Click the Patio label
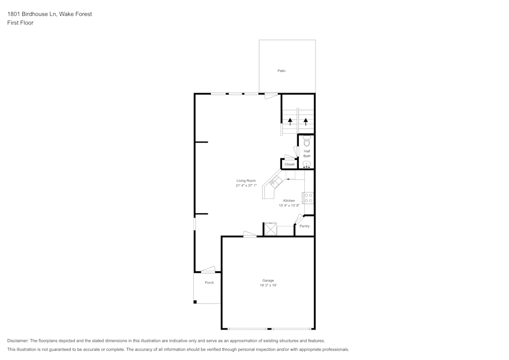click(x=281, y=71)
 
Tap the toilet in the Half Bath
click(x=306, y=141)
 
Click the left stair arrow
click(x=290, y=121)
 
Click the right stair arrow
click(x=306, y=121)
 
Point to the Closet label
click(x=290, y=164)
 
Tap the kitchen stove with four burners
click(x=308, y=198)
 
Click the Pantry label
click(x=304, y=226)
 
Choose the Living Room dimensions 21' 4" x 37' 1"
click(x=246, y=186)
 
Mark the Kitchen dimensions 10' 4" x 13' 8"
click(x=289, y=206)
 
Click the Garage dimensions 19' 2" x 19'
click(x=268, y=286)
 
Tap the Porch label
click(x=209, y=283)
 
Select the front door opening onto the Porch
click(x=208, y=269)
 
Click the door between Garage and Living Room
click(x=250, y=234)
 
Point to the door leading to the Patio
click(x=271, y=95)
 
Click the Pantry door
click(x=298, y=218)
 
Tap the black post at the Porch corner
click(x=195, y=302)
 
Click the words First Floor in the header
click(x=20, y=23)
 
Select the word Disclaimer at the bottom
click(x=18, y=341)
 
